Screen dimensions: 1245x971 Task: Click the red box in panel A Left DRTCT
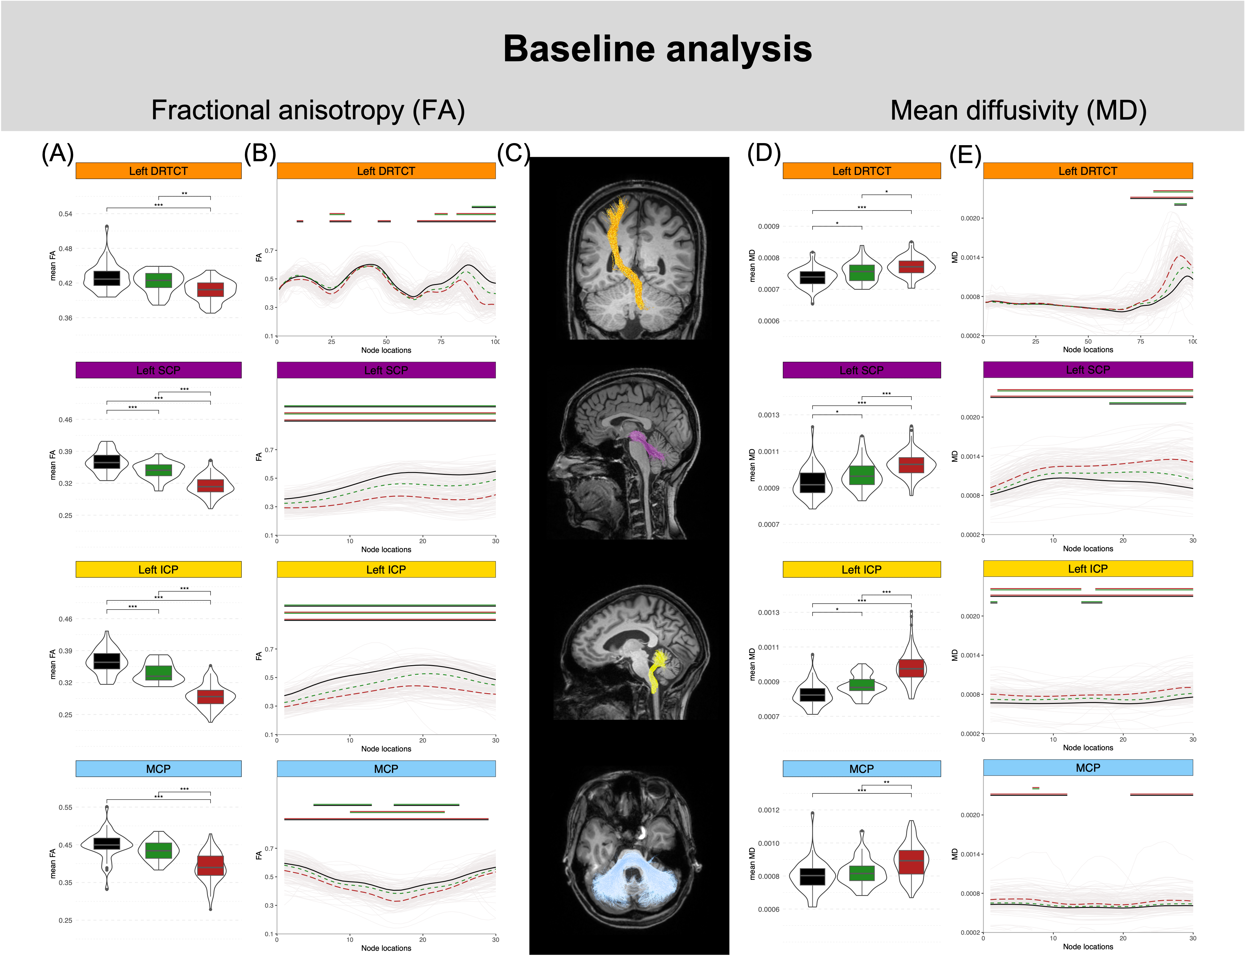(210, 289)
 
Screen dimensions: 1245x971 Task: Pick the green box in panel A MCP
(158, 850)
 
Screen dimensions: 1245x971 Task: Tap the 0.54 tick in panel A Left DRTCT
(65, 214)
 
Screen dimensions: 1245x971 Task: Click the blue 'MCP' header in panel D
(861, 769)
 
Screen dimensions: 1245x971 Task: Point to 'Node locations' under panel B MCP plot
(386, 948)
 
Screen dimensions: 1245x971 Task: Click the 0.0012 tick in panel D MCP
(768, 810)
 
